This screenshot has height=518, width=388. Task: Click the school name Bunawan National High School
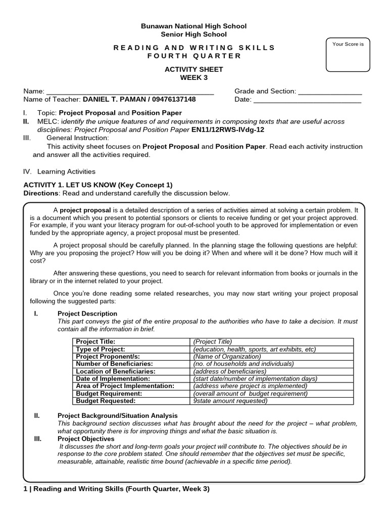(x=194, y=26)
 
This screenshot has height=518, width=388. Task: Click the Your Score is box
(x=348, y=55)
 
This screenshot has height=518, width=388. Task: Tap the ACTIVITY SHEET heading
(x=194, y=69)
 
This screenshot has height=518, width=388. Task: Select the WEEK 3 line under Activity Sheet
(x=194, y=77)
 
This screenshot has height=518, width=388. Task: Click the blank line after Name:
(x=130, y=92)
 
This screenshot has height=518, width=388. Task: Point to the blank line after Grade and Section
(x=330, y=92)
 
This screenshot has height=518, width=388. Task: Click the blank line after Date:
(x=307, y=100)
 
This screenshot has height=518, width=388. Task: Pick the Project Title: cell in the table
(x=95, y=341)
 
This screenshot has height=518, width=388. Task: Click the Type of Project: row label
(x=101, y=349)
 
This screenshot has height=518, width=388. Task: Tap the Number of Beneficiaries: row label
(x=114, y=364)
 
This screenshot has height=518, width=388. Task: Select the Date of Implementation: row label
(x=113, y=378)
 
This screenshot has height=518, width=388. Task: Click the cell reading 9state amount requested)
(x=230, y=401)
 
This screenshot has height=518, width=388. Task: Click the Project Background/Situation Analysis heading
(x=118, y=416)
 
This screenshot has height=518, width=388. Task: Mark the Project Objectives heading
(x=86, y=439)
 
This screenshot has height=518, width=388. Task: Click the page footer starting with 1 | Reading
(x=117, y=489)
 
